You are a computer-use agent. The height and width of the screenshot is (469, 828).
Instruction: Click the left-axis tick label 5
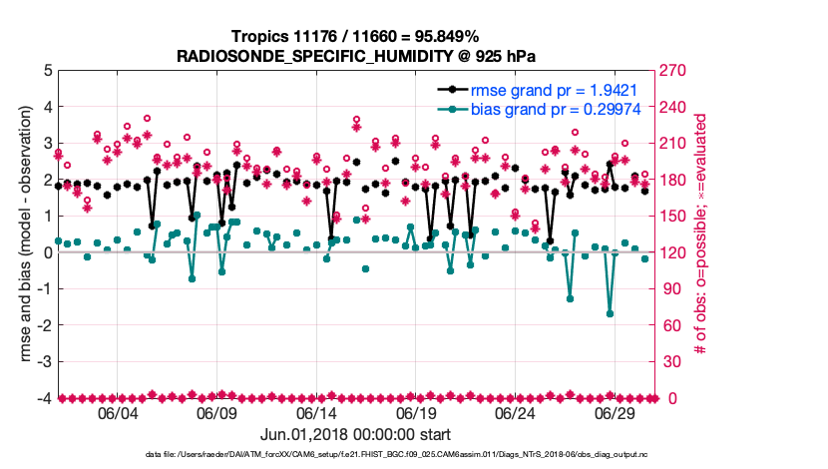pos(46,71)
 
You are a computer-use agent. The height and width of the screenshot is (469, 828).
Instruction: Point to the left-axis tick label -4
pos(43,398)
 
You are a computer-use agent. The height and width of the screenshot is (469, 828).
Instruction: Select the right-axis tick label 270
pos(674,71)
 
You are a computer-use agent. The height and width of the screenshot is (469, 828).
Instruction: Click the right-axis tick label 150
pos(674,217)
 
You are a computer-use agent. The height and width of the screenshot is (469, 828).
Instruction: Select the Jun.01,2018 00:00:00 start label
pos(356,434)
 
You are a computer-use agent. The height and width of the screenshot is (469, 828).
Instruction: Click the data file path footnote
pos(356,455)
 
